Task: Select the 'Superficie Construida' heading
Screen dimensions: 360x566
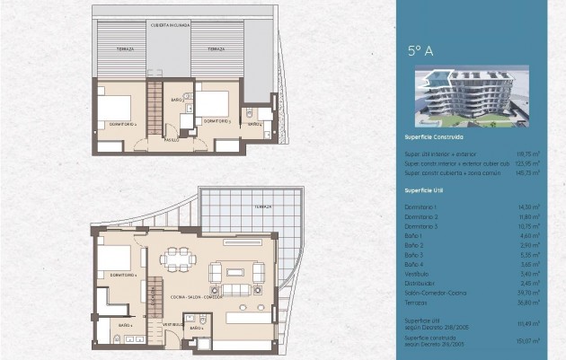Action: pos(435,137)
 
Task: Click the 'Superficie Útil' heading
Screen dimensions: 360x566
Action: pos(426,191)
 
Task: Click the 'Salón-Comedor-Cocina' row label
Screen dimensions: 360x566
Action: pos(436,292)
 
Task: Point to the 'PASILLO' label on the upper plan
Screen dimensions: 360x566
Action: pos(171,140)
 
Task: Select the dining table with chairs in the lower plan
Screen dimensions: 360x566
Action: pos(182,258)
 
